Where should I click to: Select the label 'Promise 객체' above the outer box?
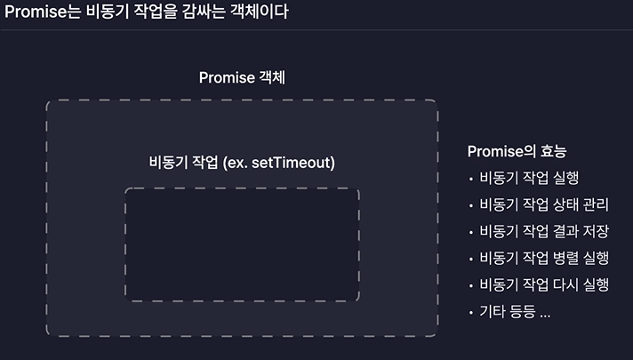point(242,78)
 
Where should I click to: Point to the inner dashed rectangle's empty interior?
point(242,244)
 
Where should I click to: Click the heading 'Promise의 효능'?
point(517,151)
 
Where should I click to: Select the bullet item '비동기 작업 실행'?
point(529,178)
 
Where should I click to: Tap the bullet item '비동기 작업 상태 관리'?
point(543,204)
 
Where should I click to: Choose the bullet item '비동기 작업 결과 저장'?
point(543,231)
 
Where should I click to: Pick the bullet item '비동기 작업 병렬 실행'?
point(543,258)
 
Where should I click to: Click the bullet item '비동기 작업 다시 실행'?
point(543,284)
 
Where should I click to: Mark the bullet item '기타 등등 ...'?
point(515,312)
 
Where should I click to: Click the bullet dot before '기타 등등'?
point(470,313)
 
